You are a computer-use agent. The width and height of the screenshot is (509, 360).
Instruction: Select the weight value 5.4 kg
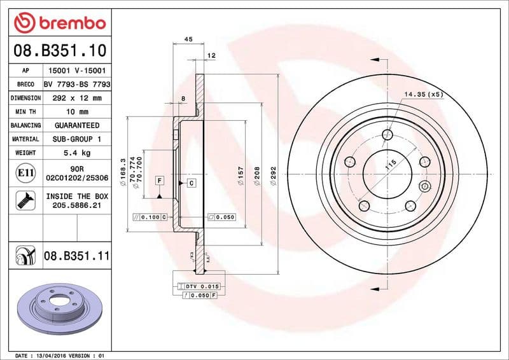pos(77,153)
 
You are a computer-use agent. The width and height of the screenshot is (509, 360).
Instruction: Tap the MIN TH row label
pos(25,111)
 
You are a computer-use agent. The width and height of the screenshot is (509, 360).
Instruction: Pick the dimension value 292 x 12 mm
pos(77,98)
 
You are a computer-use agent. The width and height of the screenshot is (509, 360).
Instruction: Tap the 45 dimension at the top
pos(188,39)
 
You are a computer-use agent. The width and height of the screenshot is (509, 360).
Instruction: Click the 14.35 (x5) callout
pos(423,95)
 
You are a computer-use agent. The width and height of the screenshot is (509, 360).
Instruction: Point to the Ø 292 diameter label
pos(273,176)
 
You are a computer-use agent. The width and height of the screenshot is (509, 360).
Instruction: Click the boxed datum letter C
pos(190,183)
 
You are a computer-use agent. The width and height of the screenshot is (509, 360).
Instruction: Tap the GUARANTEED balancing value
pos(77,125)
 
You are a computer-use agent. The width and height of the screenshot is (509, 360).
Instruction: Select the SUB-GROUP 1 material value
pos(77,139)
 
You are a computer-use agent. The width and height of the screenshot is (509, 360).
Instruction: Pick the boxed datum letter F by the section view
pos(158,181)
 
